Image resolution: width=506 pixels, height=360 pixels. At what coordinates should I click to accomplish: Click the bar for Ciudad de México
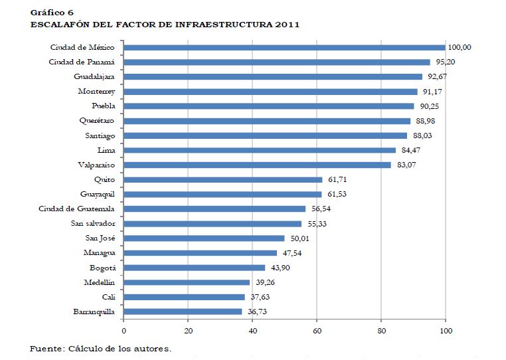[284, 47]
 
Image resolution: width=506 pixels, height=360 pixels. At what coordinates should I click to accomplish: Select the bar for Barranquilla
[183, 311]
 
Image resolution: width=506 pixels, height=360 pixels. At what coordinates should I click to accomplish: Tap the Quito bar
[223, 179]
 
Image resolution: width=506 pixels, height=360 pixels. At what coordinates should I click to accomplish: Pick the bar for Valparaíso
[258, 165]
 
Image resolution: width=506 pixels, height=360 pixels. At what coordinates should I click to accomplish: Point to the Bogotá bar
[195, 267]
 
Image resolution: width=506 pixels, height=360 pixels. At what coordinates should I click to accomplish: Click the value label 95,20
[444, 62]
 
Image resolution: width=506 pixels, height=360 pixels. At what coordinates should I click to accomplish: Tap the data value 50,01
[299, 238]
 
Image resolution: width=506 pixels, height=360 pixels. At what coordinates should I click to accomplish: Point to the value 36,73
[256, 311]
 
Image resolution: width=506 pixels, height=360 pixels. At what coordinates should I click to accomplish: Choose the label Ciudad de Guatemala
[77, 209]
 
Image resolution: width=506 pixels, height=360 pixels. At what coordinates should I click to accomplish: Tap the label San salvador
[93, 223]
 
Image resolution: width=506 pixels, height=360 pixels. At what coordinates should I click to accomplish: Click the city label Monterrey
[97, 92]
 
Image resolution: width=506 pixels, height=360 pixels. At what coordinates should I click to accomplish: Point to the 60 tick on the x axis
[317, 330]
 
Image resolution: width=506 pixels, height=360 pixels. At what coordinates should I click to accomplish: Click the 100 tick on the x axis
[446, 330]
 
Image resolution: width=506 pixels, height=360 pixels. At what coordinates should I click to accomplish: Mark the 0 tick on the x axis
[124, 330]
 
